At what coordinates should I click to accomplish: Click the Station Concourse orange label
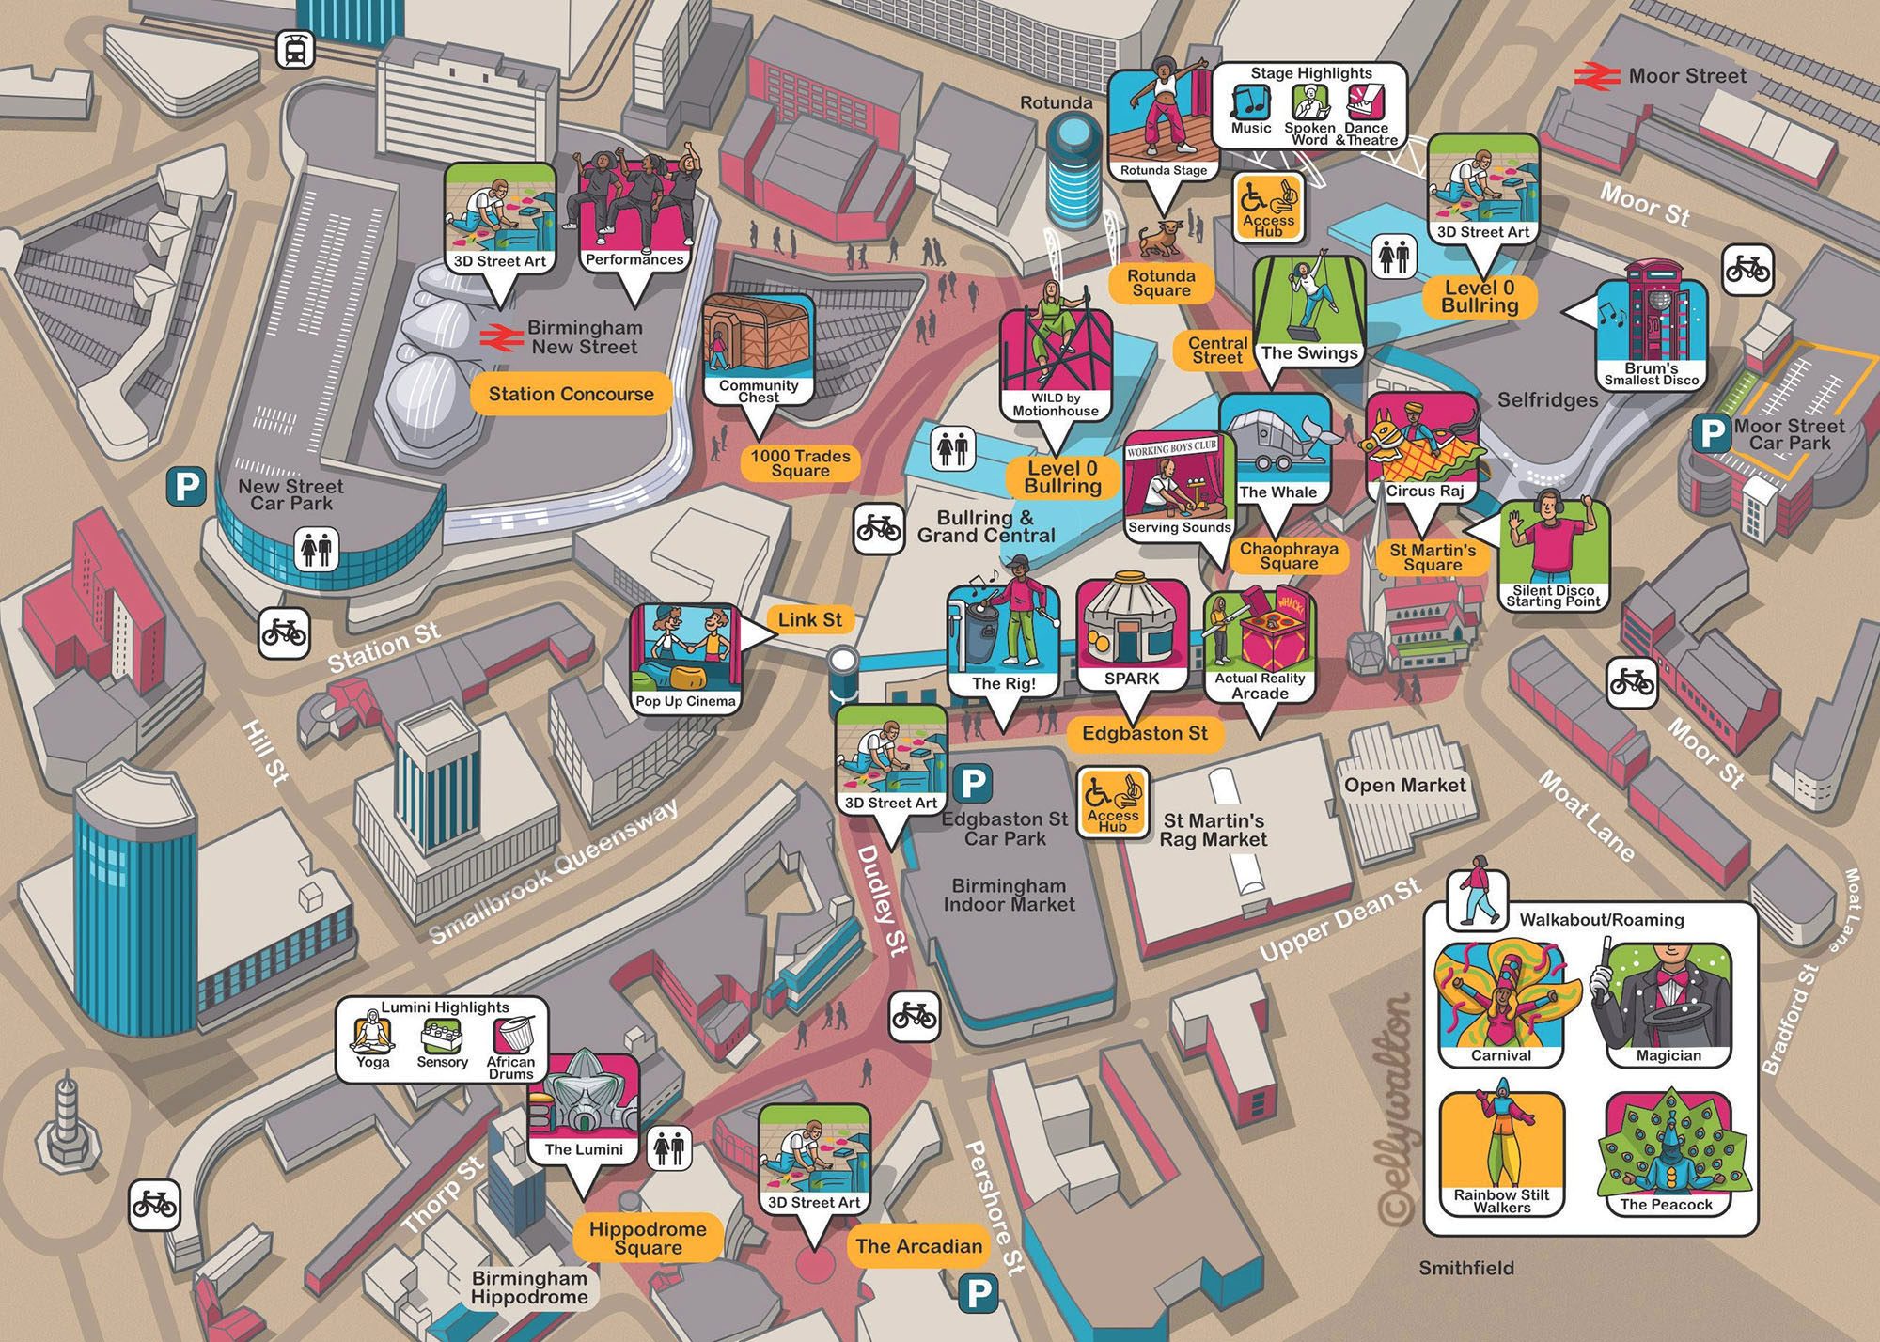[x=571, y=395]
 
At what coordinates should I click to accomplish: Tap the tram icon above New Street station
[x=295, y=49]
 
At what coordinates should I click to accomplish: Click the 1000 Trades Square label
[x=800, y=463]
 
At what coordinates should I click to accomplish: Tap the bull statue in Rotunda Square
[x=1162, y=238]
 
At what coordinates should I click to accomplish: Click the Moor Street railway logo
[x=1597, y=76]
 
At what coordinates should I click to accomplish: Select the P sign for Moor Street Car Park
[x=1712, y=434]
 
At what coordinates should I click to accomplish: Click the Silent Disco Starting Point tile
[x=1553, y=554]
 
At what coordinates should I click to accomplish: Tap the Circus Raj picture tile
[x=1423, y=447]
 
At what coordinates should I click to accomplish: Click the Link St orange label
[x=809, y=620]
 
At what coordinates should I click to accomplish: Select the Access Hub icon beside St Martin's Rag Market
[x=1112, y=801]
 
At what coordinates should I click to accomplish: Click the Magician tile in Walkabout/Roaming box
[x=1668, y=1006]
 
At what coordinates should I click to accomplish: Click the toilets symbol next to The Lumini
[x=669, y=1147]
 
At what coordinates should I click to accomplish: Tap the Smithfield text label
[x=1466, y=1269]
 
